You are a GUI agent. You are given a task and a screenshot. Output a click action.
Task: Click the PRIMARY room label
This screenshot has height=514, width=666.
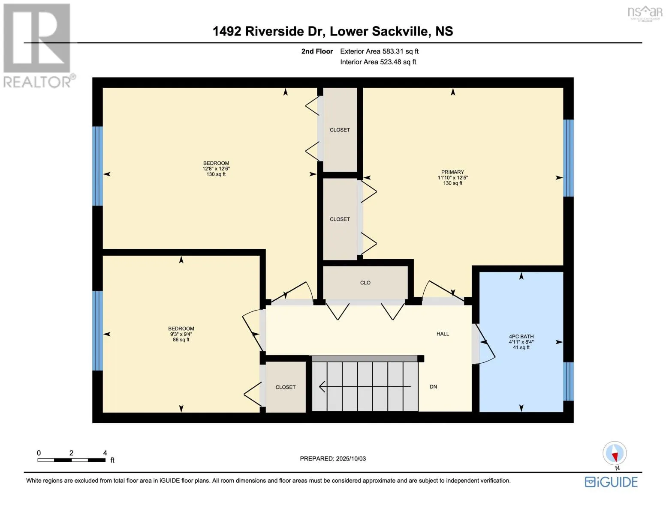[x=452, y=172]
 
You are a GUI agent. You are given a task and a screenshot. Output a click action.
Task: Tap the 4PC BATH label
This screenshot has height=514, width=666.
[x=521, y=336]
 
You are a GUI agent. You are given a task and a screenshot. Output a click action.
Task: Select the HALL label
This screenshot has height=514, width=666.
[x=443, y=334]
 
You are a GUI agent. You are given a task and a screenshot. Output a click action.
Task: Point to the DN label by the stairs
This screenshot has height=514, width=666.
[x=433, y=387]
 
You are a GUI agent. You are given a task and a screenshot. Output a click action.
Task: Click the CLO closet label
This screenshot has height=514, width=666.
[x=365, y=283]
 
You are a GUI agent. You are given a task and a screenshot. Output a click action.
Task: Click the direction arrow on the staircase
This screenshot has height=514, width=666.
[x=365, y=387]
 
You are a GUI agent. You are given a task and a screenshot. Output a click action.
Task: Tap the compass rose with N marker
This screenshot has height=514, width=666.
[x=615, y=453]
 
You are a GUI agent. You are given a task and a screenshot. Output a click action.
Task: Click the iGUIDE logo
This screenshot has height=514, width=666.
[x=611, y=482]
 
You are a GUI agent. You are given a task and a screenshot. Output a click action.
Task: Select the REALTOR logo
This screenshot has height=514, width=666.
[x=38, y=46]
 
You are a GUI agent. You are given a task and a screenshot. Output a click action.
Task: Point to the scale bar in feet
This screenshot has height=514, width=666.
[x=72, y=460]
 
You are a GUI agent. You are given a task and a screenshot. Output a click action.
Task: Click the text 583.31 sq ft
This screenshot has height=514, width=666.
[x=400, y=51]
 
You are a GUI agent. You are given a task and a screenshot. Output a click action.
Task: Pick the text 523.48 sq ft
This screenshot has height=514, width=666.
[x=398, y=62]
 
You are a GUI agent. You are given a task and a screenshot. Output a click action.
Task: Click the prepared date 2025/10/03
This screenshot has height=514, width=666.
[x=351, y=459]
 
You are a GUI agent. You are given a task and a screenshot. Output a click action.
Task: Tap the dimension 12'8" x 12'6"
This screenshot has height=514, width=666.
[x=216, y=169]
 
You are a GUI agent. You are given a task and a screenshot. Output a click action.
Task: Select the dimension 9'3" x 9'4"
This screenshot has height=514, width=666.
[x=181, y=334]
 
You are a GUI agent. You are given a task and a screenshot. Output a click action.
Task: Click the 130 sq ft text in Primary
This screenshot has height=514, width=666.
[x=453, y=183]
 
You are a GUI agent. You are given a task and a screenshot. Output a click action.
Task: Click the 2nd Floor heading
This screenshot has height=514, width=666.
[x=317, y=51]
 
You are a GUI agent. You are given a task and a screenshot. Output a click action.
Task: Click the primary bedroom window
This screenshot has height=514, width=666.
[x=568, y=158]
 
